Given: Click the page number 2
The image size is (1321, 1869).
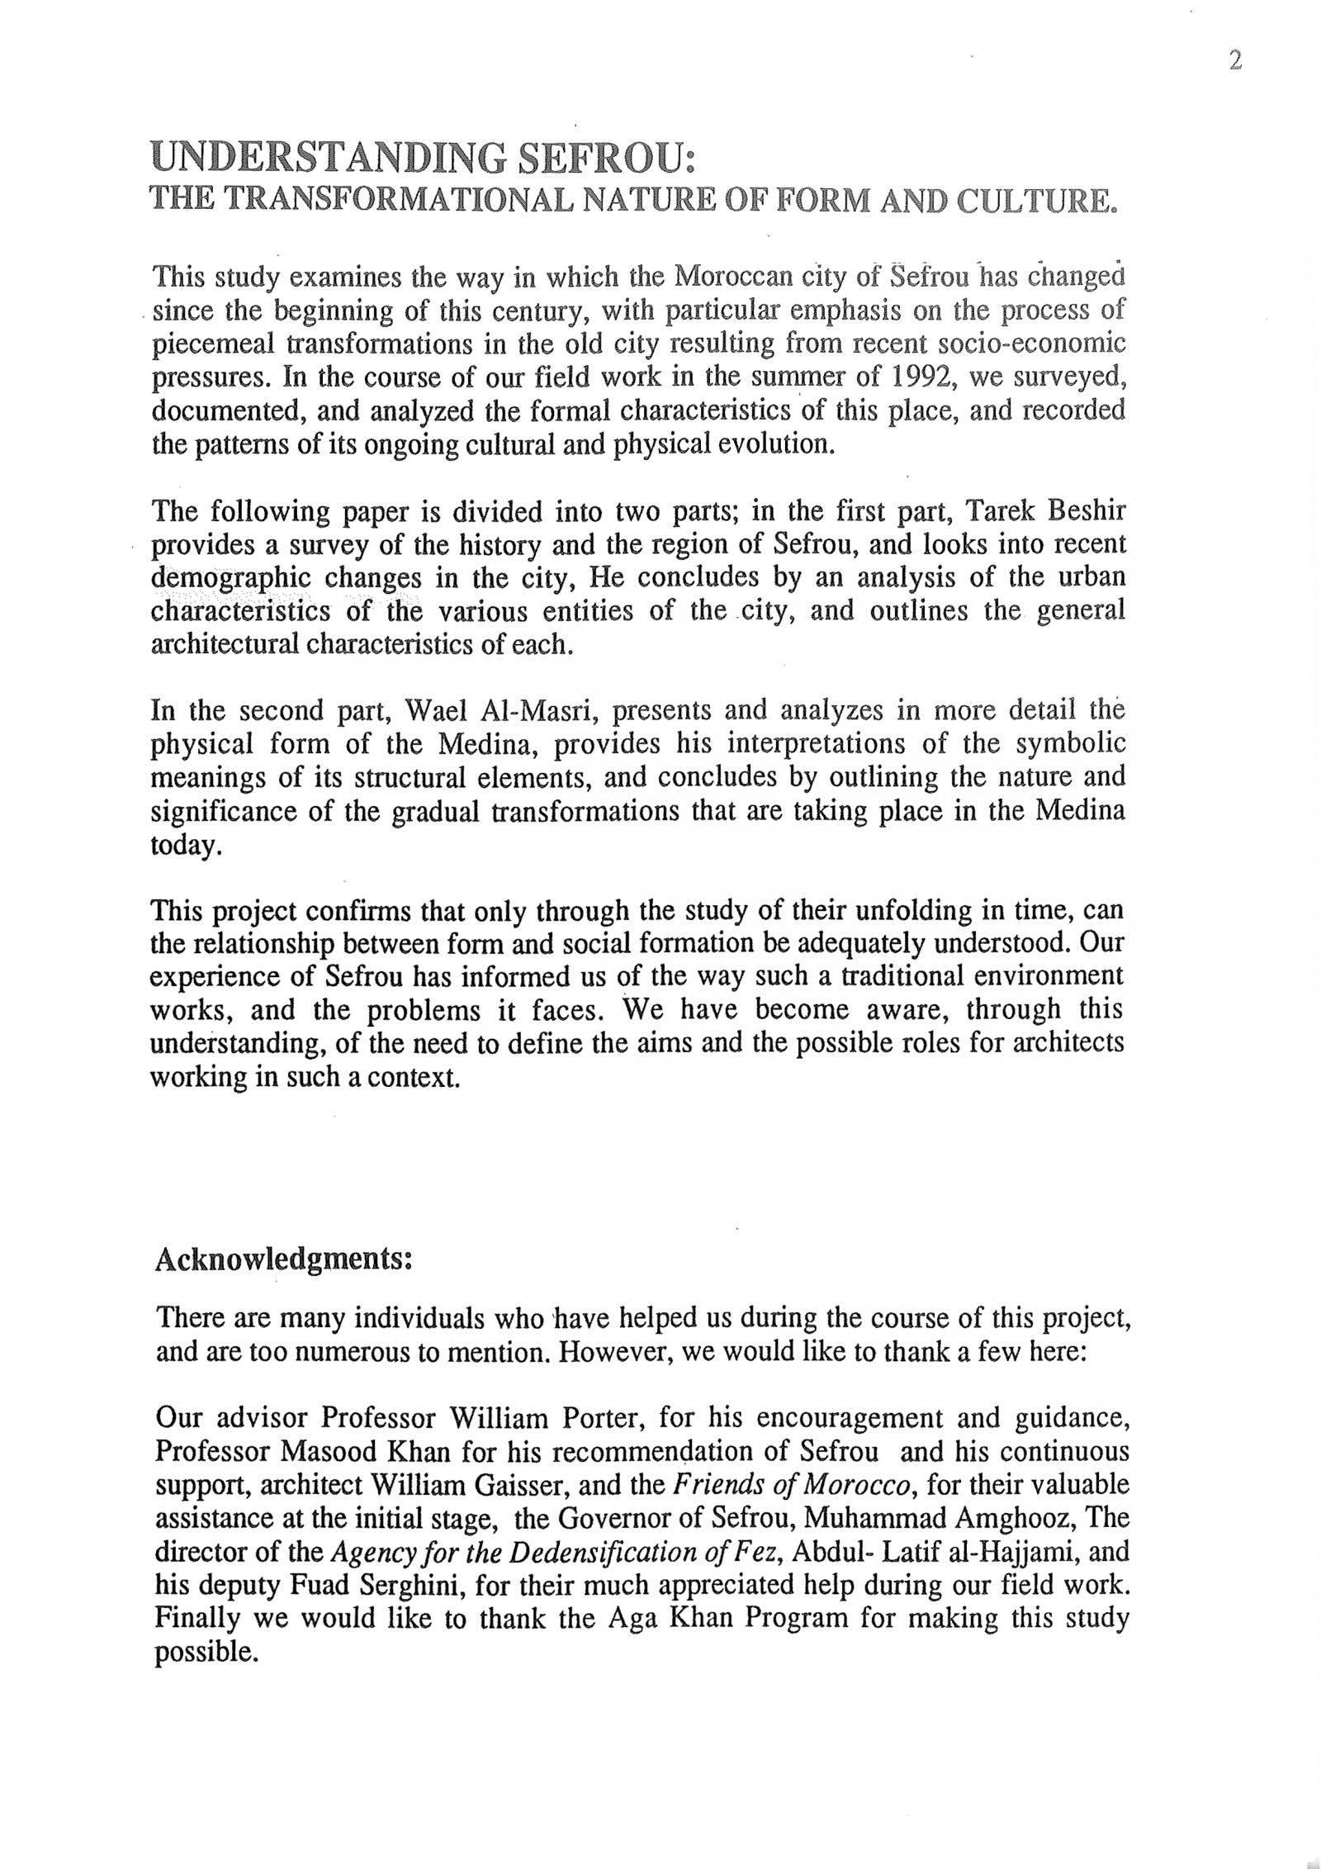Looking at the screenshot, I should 1235,62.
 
